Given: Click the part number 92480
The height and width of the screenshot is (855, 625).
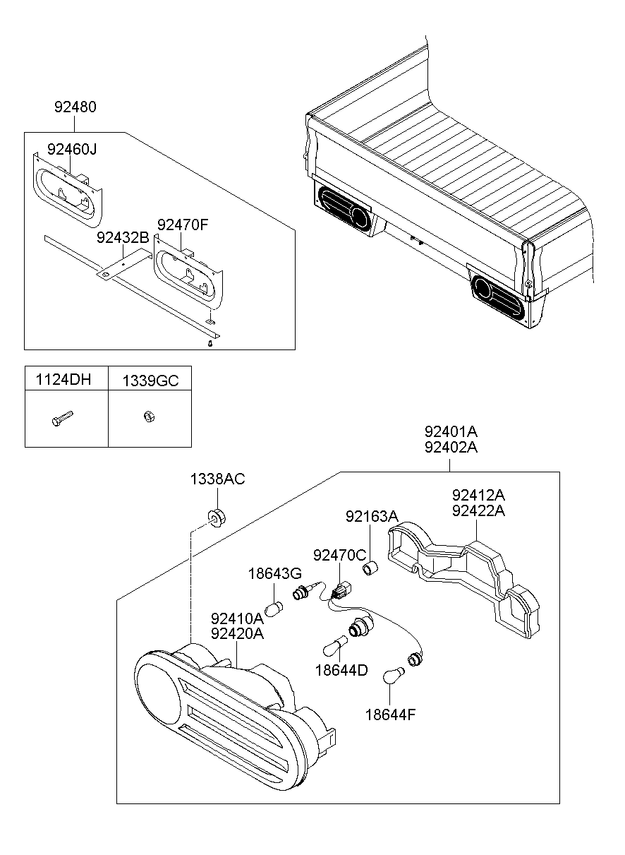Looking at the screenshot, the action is pyautogui.click(x=75, y=107).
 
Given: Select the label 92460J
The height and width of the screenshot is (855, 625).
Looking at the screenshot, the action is pyautogui.click(x=72, y=149).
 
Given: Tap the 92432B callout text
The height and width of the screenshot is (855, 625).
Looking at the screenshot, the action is pyautogui.click(x=123, y=237).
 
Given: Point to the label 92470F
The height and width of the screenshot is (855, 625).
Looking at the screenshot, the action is pyautogui.click(x=183, y=225).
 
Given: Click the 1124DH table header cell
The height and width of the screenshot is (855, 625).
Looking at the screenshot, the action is pyautogui.click(x=63, y=380).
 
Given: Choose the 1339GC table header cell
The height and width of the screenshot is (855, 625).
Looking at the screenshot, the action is pyautogui.click(x=150, y=381).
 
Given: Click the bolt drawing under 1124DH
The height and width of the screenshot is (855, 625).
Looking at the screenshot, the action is pyautogui.click(x=62, y=419).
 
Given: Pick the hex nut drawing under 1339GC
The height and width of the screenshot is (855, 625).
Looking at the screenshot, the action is pyautogui.click(x=149, y=417).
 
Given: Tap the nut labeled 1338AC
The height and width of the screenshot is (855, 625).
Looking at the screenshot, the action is pyautogui.click(x=217, y=518).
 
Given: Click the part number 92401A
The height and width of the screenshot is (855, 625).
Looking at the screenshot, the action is pyautogui.click(x=451, y=431).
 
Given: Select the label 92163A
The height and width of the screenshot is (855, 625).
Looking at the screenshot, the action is pyautogui.click(x=372, y=516).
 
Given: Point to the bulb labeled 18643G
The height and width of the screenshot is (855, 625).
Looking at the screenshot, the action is pyautogui.click(x=274, y=609).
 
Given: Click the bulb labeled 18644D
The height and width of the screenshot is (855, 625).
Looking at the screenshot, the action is pyautogui.click(x=335, y=645).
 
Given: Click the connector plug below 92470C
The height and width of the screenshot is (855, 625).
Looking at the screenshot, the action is pyautogui.click(x=341, y=591).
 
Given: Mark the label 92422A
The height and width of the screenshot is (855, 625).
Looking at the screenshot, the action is pyautogui.click(x=478, y=510).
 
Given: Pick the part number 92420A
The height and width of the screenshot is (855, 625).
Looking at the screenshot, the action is pyautogui.click(x=237, y=633).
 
